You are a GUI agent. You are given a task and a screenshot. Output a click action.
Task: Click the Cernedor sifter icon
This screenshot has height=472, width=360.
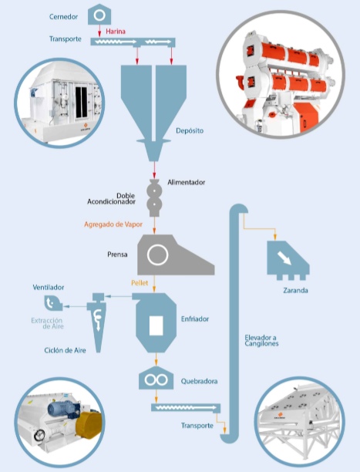99,15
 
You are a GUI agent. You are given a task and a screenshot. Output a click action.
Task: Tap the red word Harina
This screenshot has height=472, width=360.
116,32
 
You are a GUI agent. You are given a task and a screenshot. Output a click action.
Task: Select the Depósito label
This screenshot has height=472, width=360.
190,130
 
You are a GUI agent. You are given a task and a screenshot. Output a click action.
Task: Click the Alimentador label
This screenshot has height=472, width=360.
187,182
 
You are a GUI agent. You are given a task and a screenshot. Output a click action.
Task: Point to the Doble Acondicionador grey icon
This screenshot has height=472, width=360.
154,197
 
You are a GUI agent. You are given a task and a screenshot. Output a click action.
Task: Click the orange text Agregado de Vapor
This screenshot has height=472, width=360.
113,224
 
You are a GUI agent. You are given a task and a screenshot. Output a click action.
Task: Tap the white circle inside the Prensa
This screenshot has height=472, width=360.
157,255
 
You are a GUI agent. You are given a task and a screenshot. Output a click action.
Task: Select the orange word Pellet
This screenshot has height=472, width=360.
140,282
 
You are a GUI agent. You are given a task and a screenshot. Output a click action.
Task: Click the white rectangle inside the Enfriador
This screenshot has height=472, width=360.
156,325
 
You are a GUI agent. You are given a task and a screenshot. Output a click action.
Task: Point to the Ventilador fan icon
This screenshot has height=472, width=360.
53,303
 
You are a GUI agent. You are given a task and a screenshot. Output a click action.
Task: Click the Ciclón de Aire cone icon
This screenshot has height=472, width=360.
98,322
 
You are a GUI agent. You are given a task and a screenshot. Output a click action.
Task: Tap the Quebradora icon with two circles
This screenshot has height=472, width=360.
156,378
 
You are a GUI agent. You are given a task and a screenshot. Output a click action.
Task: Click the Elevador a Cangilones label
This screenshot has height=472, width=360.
261,340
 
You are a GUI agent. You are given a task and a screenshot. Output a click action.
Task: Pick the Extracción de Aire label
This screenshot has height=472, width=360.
47,323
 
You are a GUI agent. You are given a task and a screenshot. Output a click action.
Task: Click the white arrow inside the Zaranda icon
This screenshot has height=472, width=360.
284,258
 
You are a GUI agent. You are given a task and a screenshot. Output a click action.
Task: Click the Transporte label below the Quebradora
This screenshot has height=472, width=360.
197,426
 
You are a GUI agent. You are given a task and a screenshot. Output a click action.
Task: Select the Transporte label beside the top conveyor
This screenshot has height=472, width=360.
66,39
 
